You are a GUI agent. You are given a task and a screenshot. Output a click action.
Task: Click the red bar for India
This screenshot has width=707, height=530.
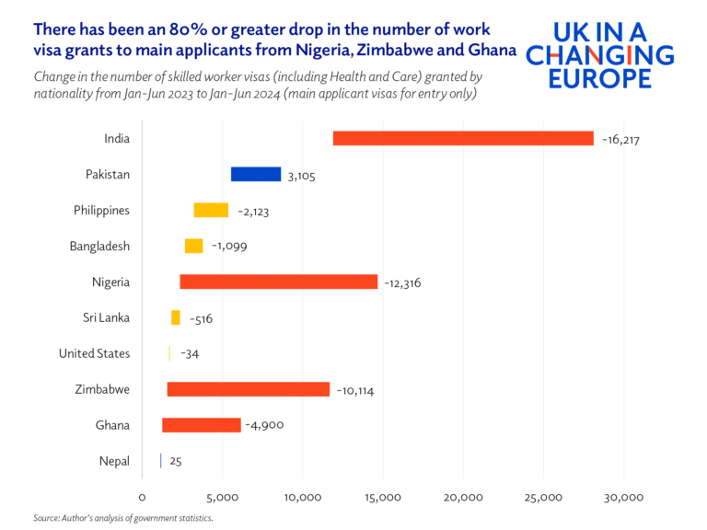[463, 138]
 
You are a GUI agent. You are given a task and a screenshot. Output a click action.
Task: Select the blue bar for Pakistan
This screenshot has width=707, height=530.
[256, 174]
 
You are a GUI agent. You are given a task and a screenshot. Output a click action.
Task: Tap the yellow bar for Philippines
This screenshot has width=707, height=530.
[211, 210]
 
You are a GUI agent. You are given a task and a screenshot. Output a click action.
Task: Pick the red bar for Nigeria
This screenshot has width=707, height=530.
[278, 282]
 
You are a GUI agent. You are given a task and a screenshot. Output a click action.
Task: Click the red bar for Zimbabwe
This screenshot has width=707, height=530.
[248, 389]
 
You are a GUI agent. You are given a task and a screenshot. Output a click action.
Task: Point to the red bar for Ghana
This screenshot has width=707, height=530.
[202, 425]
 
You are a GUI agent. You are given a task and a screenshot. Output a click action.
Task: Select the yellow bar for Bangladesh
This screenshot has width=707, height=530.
[193, 246]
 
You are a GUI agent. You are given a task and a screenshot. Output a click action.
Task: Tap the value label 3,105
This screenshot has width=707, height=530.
[301, 176]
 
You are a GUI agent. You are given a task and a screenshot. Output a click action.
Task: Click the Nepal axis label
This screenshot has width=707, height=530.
[113, 461]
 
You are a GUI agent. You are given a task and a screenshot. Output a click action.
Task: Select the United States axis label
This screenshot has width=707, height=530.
[94, 353]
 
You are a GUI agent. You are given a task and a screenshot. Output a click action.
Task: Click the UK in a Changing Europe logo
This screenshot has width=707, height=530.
[599, 55]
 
